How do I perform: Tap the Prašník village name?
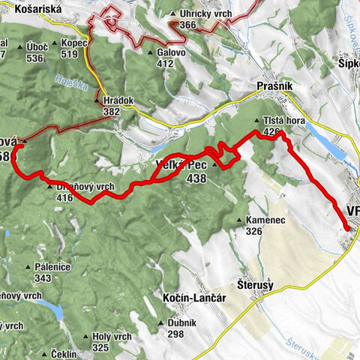pyautogui.click(x=276, y=87)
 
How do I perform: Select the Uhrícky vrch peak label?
pyautogui.click(x=203, y=14)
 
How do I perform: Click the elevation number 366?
pyautogui.click(x=188, y=25)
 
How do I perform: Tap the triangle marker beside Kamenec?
pyautogui.click(x=238, y=220)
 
